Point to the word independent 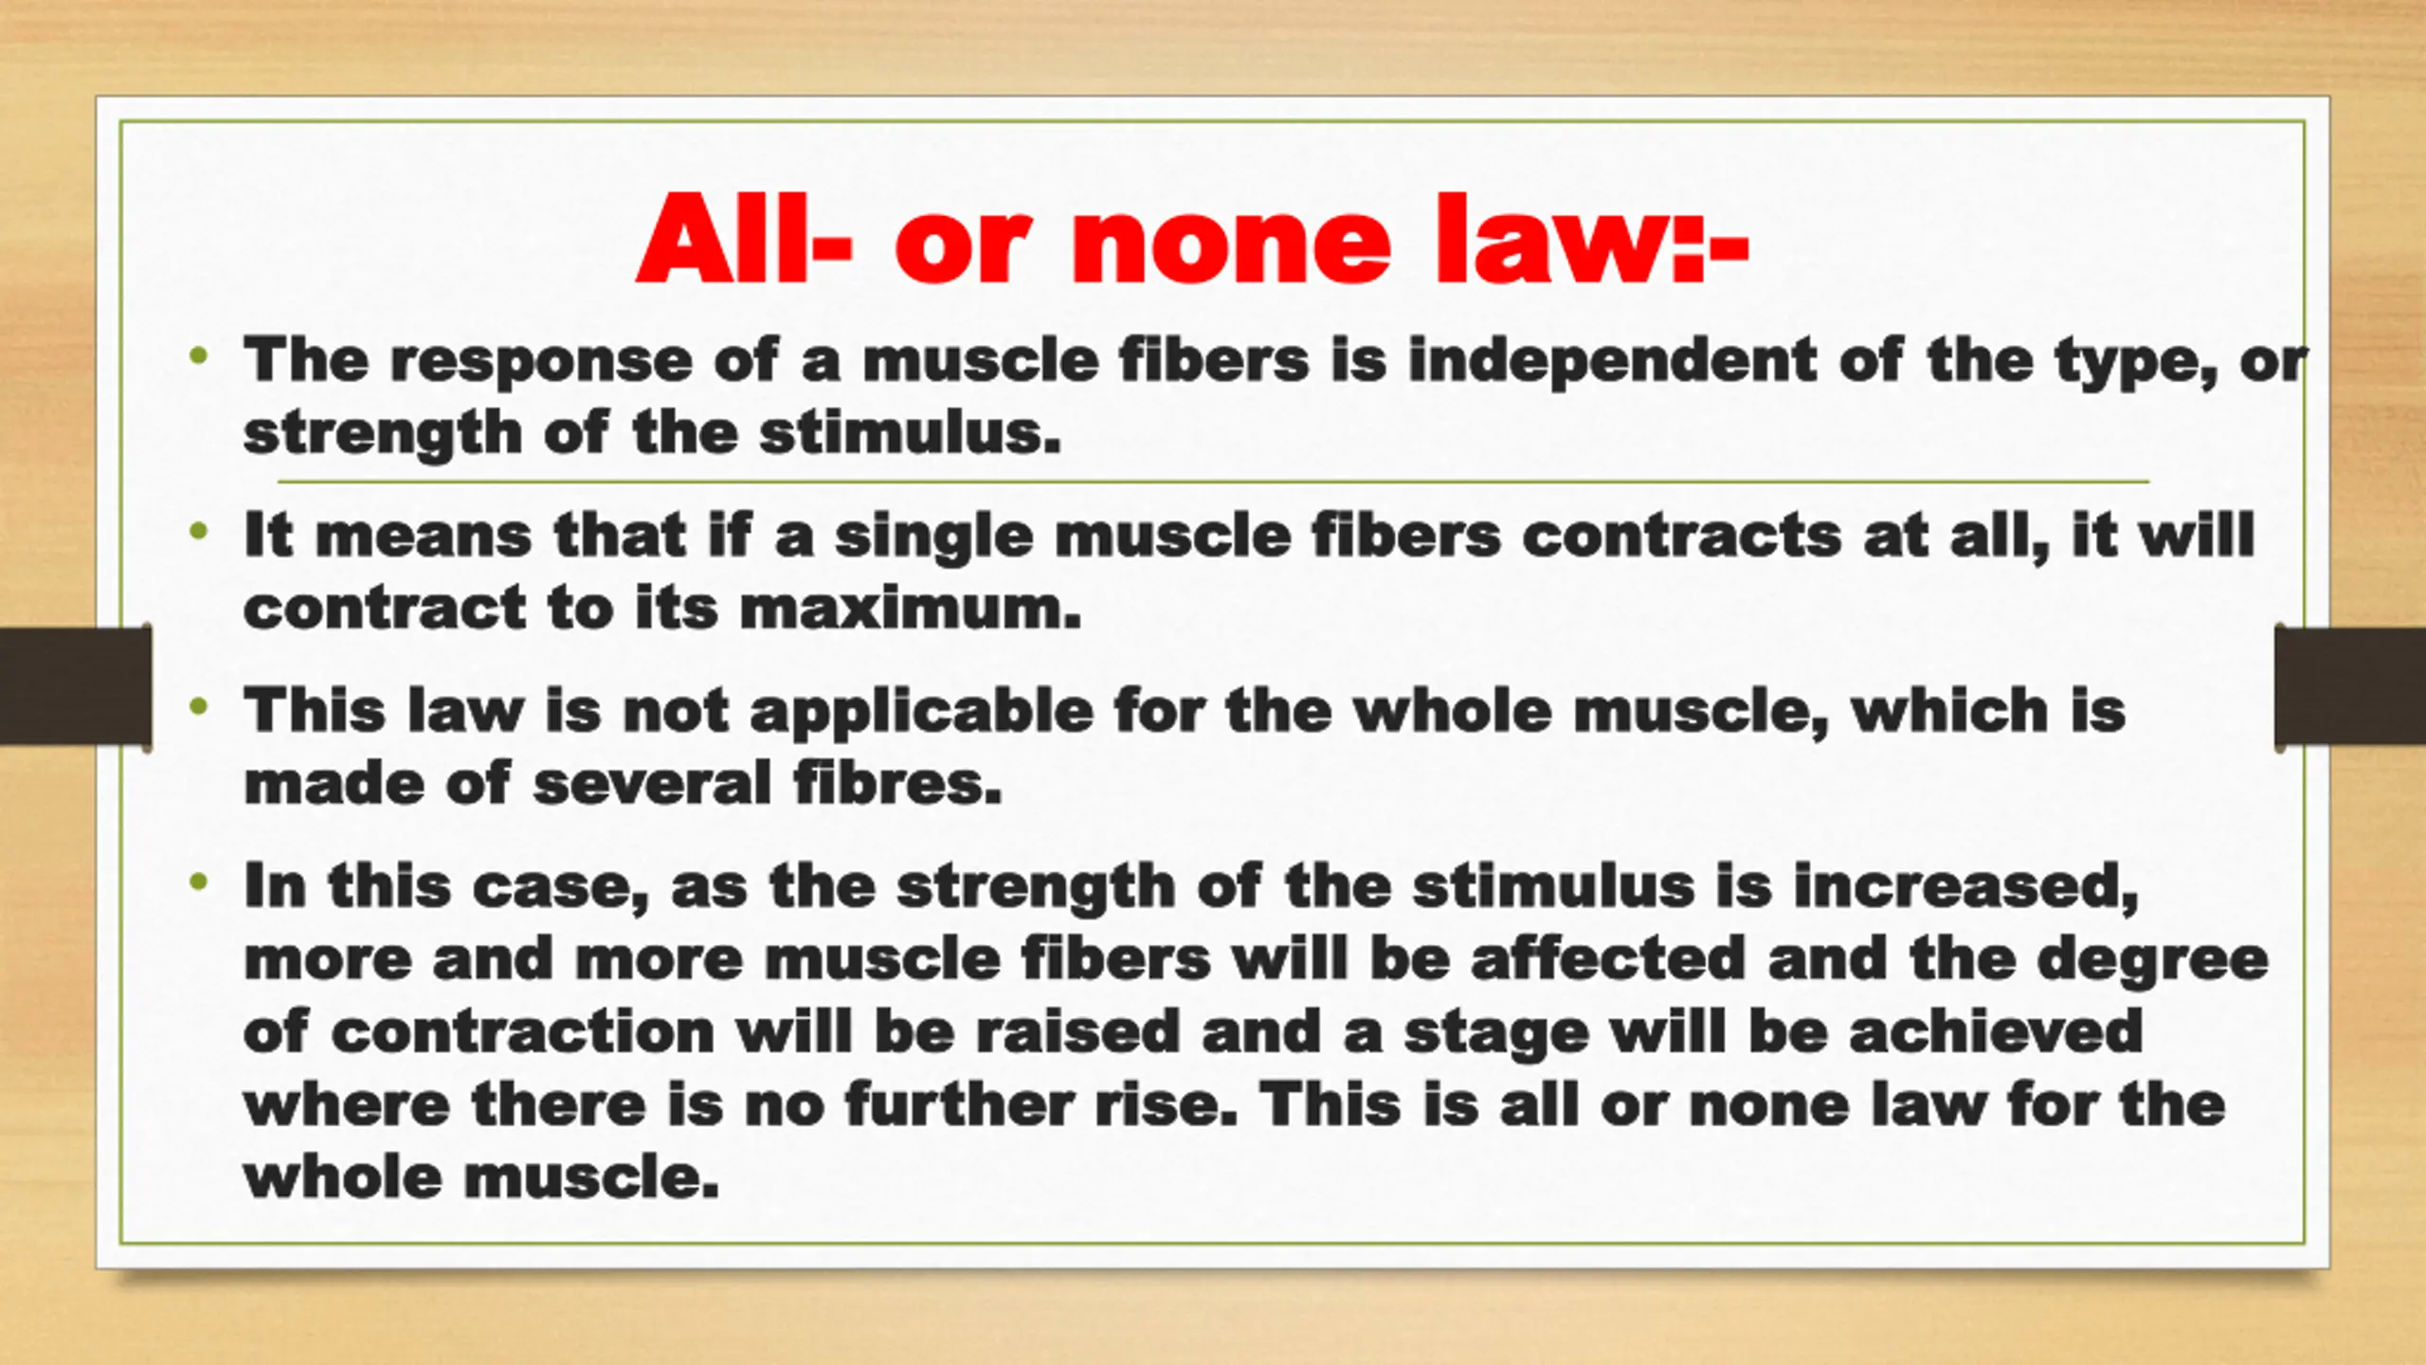coord(1612,360)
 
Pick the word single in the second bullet coord(932,538)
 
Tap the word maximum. coord(910,610)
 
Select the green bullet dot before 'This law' coord(198,706)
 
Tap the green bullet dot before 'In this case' coord(198,883)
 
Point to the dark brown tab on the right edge coord(2350,686)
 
